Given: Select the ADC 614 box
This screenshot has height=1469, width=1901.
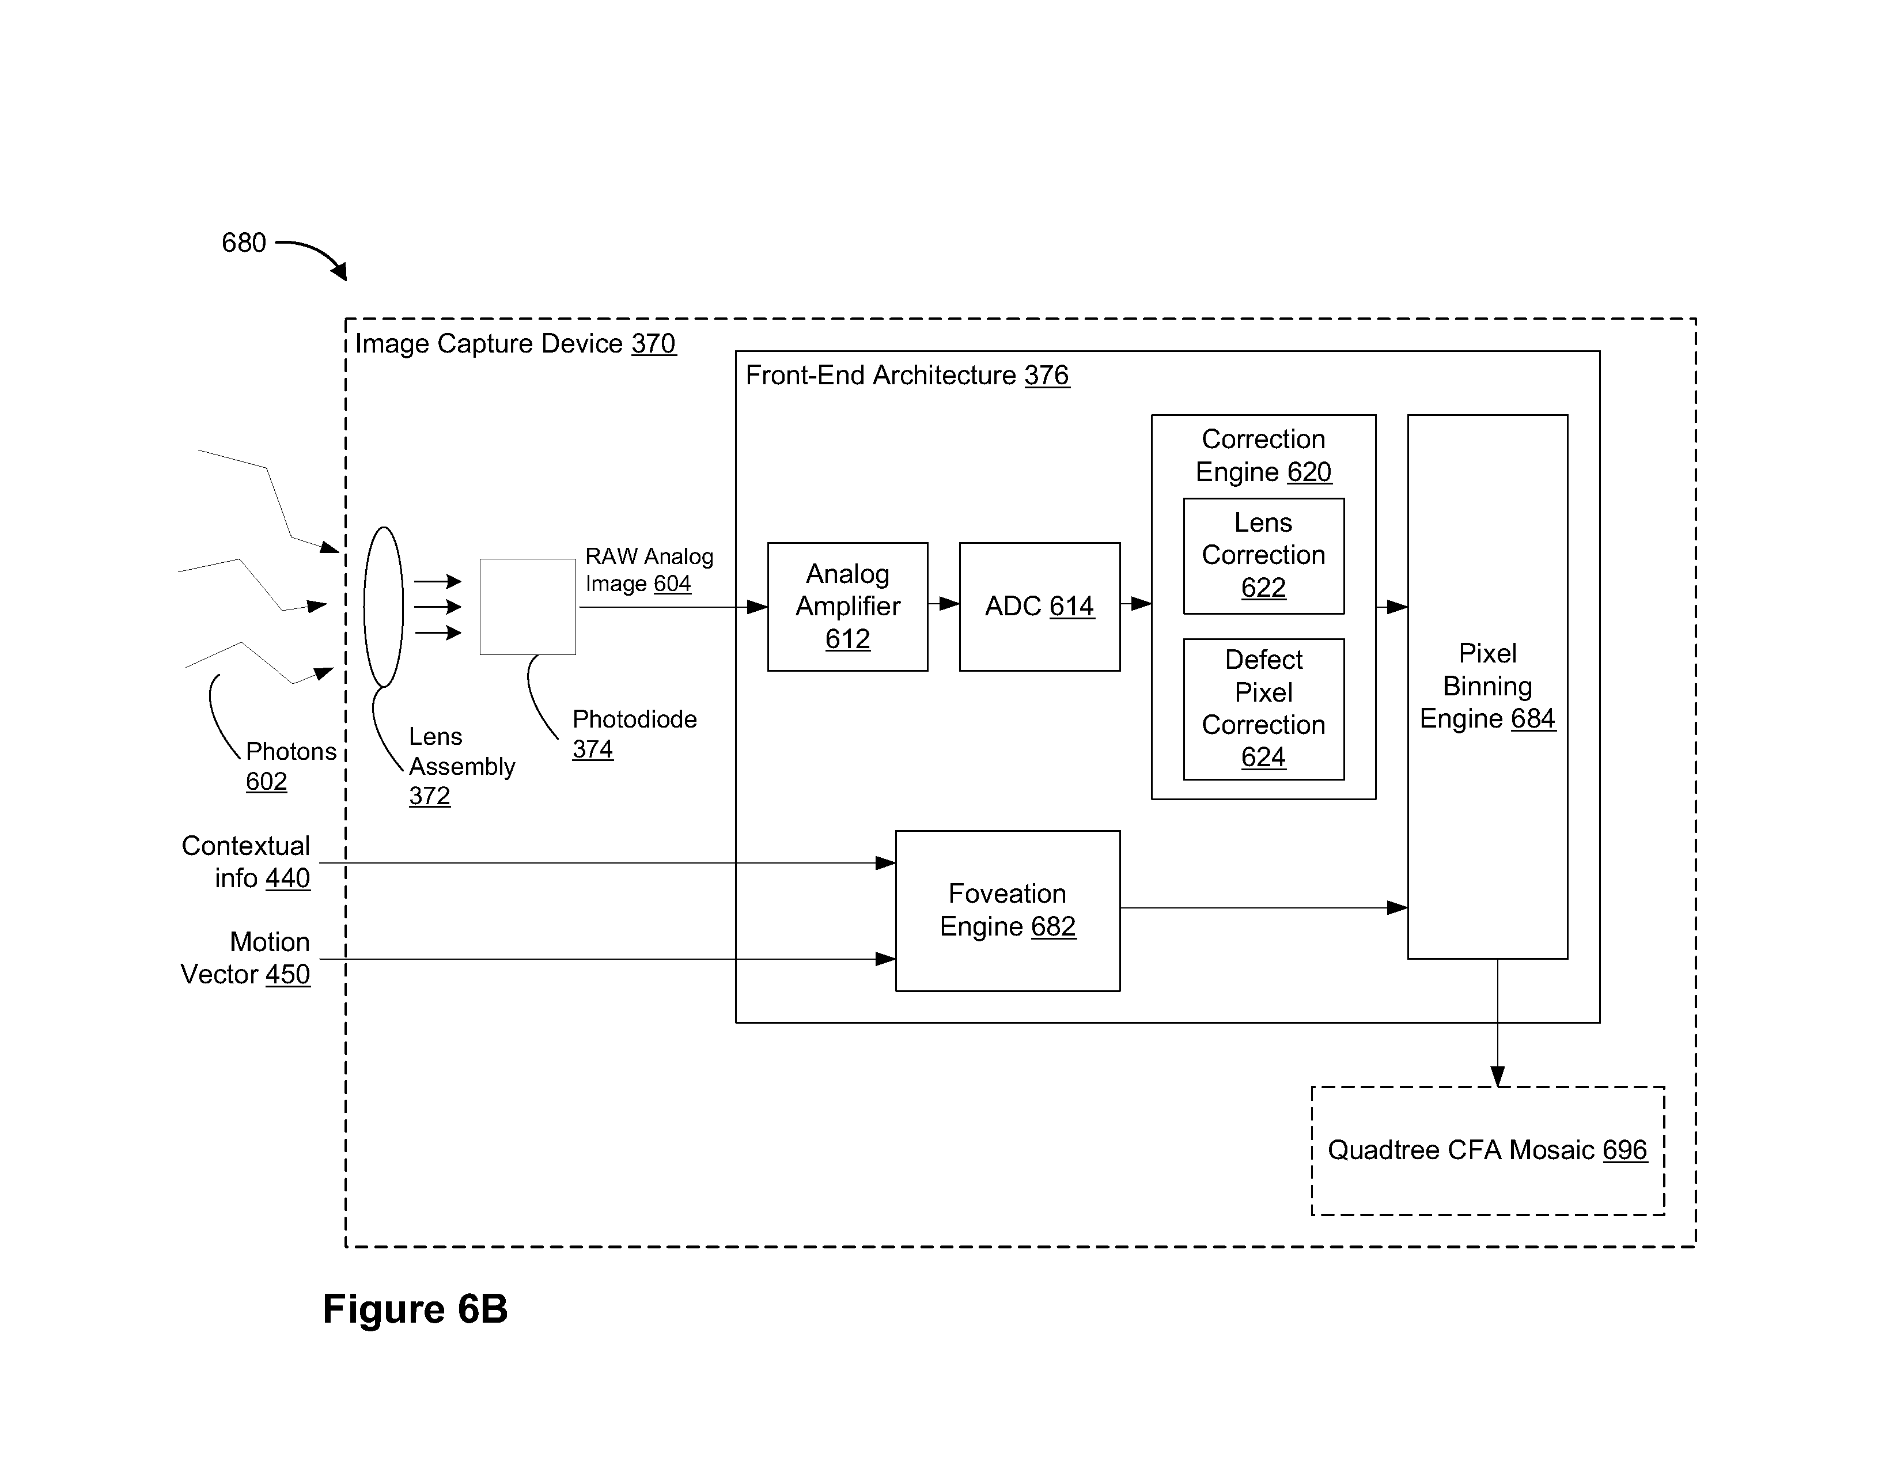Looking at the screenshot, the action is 1039,607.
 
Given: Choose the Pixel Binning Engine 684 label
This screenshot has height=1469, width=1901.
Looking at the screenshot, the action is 1487,686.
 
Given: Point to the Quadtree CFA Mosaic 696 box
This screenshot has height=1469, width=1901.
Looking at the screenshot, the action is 1487,1150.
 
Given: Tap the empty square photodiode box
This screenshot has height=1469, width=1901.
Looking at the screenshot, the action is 528,607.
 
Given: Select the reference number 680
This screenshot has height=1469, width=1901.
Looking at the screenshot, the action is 244,242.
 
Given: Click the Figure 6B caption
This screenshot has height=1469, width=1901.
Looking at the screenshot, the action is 415,1309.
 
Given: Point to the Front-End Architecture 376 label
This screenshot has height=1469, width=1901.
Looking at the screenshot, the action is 907,375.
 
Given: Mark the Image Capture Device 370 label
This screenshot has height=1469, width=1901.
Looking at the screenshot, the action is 516,344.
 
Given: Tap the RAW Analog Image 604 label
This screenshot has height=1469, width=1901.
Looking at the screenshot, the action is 649,570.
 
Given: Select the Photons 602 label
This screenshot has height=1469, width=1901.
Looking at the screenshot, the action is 291,766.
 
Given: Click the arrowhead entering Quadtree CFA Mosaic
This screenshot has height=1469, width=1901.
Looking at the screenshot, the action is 1497,1077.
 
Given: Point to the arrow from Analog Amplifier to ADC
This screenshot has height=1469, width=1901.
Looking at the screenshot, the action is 944,603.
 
